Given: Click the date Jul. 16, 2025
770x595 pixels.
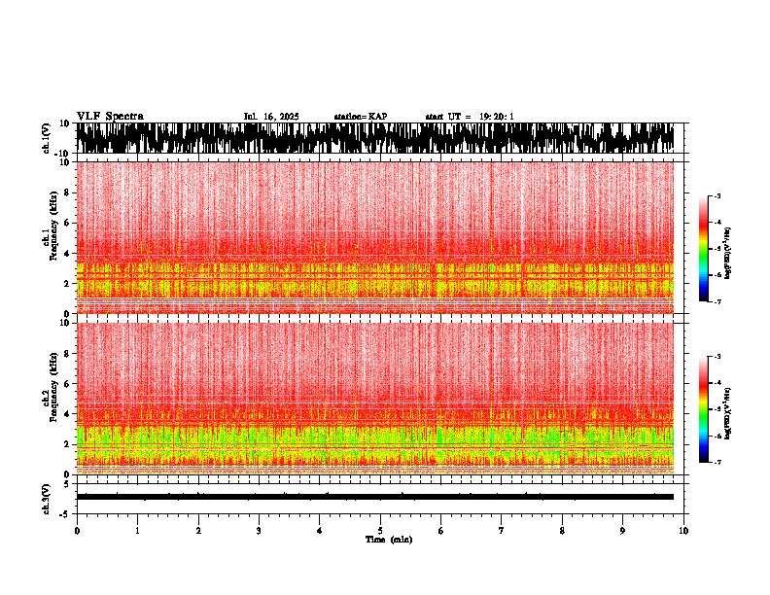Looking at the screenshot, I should click(x=271, y=117).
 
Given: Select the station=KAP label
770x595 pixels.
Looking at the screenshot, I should click(x=361, y=117).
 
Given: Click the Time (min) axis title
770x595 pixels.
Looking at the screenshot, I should click(x=387, y=539).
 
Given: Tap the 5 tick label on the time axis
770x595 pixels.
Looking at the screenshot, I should click(x=380, y=531).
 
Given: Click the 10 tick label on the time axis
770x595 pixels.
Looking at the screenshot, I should click(x=684, y=531).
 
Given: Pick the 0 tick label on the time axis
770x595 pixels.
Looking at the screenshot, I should click(x=77, y=531).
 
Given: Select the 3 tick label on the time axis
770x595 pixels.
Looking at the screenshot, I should click(x=259, y=531).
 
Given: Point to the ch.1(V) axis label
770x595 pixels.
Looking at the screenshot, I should click(x=47, y=138).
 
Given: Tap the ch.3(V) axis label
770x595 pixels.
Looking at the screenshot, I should click(x=47, y=497).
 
